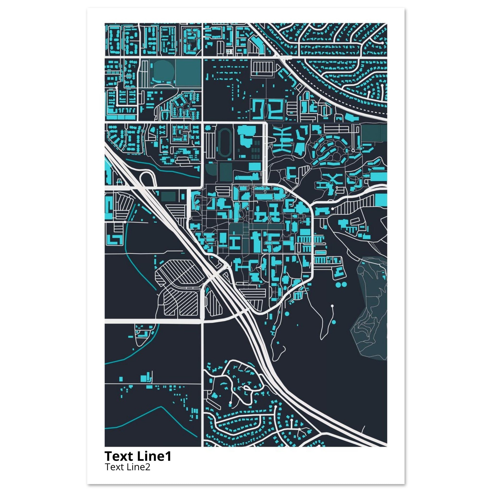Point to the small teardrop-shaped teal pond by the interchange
pyautogui.click(x=207, y=290)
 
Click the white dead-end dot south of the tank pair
pyautogui.click(x=332, y=306)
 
